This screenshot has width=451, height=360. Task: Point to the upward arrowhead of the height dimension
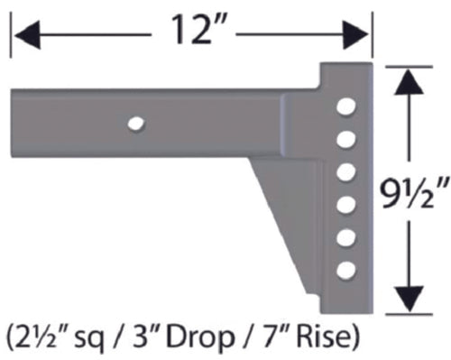410,84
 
